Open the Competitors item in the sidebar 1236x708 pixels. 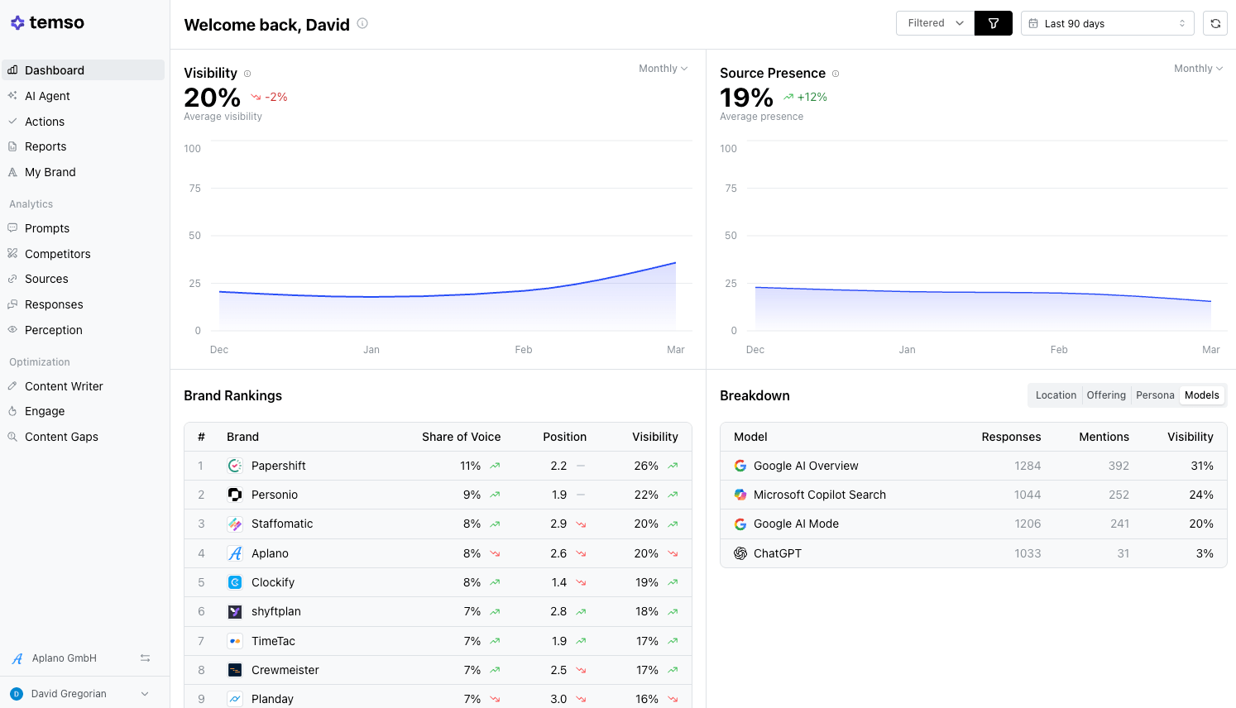coord(57,254)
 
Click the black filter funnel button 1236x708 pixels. coord(994,23)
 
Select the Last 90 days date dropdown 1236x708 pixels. coord(1107,23)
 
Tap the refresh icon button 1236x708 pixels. coord(1215,23)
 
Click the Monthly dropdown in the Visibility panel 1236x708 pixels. coord(663,69)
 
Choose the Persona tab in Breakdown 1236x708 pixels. coord(1155,395)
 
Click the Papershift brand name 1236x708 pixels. coord(278,466)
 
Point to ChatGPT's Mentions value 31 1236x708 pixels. coord(1123,553)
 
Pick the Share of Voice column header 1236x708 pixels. coord(462,437)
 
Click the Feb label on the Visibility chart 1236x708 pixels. coord(523,349)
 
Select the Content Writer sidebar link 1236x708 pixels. coord(64,386)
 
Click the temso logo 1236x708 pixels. coord(47,22)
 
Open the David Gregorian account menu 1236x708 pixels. coord(80,694)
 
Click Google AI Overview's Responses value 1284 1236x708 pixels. coord(1028,466)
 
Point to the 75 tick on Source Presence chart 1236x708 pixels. coord(731,189)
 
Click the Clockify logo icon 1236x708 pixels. coord(235,583)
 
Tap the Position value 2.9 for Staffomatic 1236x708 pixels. coord(558,524)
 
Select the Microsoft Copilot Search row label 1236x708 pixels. coord(819,495)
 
